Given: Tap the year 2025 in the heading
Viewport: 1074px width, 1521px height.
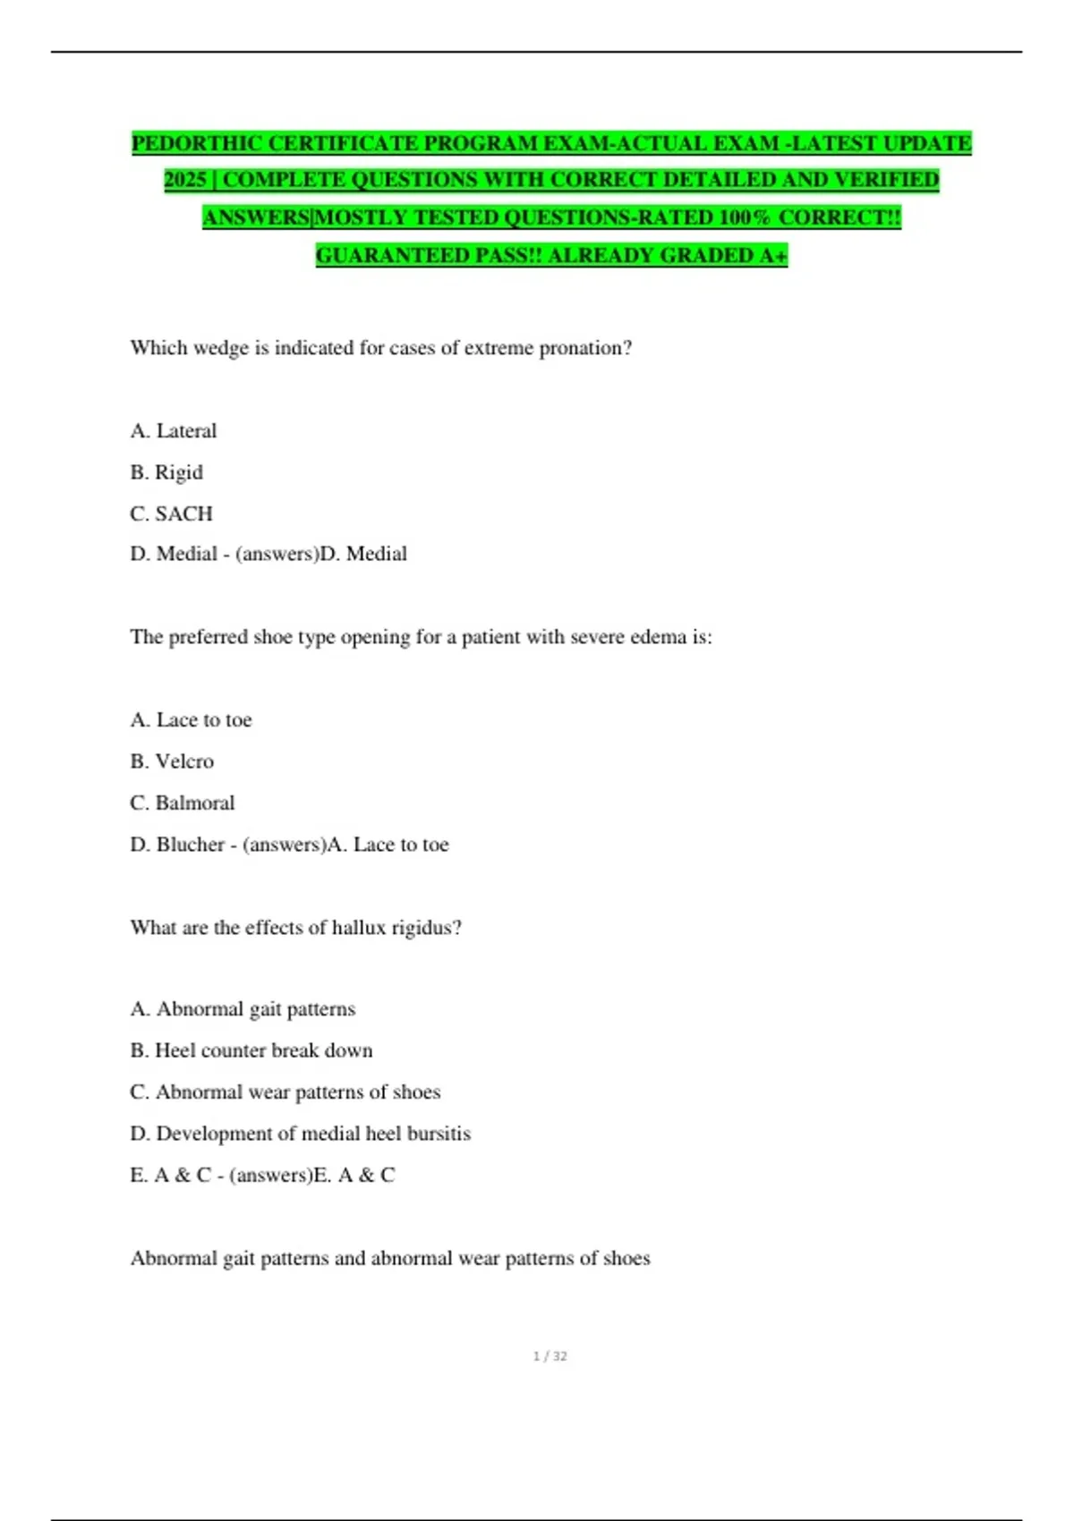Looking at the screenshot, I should click(x=185, y=181).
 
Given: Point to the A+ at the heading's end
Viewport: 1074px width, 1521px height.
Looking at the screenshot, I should click(x=773, y=256).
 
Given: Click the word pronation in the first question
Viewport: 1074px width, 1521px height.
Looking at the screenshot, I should click(x=584, y=348).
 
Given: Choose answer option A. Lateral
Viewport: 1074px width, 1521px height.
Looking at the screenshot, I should click(x=174, y=431).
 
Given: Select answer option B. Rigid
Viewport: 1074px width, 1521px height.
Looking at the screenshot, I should click(x=166, y=472).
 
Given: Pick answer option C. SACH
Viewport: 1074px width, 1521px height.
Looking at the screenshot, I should click(x=172, y=514).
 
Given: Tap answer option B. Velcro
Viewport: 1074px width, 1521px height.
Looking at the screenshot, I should click(x=172, y=761).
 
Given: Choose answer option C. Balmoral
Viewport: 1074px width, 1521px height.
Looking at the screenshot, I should click(x=183, y=803).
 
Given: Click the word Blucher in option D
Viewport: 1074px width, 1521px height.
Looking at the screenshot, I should click(x=190, y=845).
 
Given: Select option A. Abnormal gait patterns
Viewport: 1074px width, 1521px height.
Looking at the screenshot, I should click(x=243, y=1009).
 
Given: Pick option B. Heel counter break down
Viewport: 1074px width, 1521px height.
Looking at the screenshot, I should click(x=251, y=1050).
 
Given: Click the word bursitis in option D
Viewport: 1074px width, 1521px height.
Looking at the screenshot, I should click(x=439, y=1134).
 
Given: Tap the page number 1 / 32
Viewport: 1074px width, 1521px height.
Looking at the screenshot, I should click(x=550, y=1356).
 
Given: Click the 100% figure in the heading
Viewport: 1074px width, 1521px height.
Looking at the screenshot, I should click(x=744, y=218).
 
